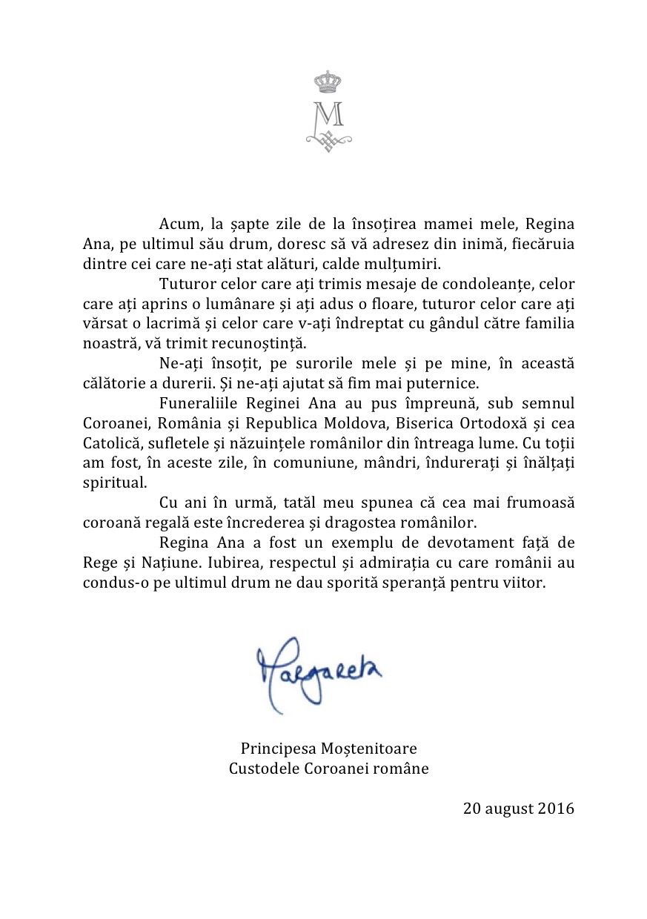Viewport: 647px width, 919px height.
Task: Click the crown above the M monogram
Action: (x=328, y=81)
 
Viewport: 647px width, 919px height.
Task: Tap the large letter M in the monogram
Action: (x=328, y=113)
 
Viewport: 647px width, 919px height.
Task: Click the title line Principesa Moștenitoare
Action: (x=328, y=749)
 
